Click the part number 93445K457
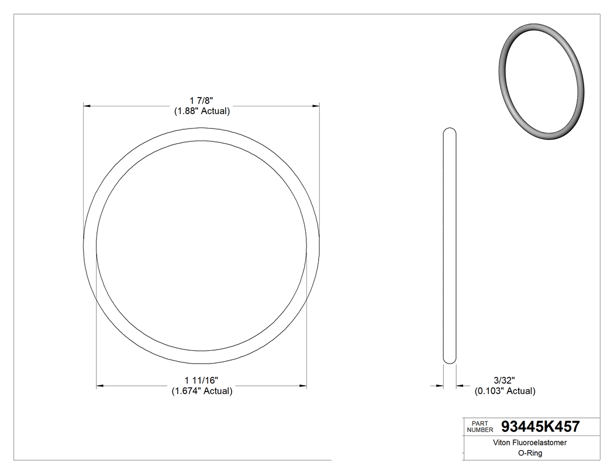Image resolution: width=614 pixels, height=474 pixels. tap(540, 427)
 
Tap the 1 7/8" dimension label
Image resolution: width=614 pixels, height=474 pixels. tap(202, 101)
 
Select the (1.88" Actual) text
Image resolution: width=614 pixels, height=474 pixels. tap(202, 111)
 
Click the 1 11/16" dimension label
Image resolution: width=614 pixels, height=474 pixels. tap(202, 380)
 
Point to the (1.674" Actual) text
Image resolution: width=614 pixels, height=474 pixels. tap(202, 391)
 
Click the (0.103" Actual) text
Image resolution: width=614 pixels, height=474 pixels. tap(505, 391)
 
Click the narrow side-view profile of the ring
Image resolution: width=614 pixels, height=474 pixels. tap(450, 245)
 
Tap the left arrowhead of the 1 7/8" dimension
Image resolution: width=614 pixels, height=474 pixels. tap(87, 106)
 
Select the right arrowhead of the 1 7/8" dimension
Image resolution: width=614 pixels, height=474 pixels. tap(316, 106)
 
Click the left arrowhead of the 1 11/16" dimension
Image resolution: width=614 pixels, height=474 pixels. tap(99, 386)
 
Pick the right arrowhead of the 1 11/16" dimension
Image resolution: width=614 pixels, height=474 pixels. tap(303, 386)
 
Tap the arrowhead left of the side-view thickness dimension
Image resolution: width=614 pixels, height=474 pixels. tap(440, 386)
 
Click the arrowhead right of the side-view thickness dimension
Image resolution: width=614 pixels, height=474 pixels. tap(460, 386)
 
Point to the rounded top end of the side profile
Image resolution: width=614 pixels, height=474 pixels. tap(450, 131)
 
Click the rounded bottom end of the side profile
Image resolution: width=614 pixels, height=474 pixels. tap(450, 361)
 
